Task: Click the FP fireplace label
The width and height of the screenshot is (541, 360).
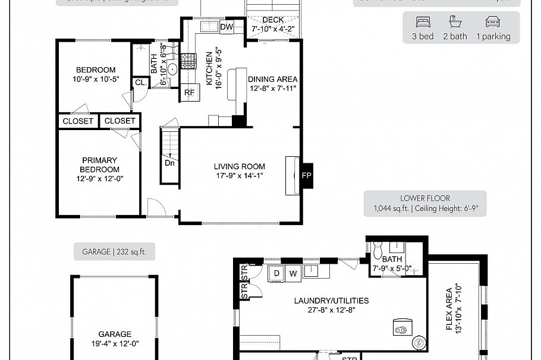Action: click(x=307, y=176)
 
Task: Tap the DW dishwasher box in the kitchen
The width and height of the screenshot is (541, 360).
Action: click(x=227, y=27)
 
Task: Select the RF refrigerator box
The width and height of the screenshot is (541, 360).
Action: click(x=190, y=93)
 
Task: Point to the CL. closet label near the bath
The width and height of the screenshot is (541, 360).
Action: click(x=141, y=83)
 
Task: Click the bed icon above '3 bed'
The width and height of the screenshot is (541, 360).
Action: click(x=423, y=23)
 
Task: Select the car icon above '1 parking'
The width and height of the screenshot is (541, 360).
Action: click(x=493, y=23)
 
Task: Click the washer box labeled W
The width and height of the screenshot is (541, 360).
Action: click(x=293, y=273)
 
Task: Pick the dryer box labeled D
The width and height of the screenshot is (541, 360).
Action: click(x=276, y=273)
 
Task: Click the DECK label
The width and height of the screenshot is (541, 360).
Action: click(x=273, y=20)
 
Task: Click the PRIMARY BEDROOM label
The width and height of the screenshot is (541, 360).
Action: click(x=99, y=165)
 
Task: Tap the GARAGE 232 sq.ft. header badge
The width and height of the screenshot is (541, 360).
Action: click(x=114, y=252)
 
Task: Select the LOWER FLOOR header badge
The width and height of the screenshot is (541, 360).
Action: click(x=424, y=204)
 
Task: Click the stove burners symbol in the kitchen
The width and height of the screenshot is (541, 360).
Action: click(x=188, y=60)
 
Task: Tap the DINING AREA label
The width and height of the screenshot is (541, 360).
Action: click(x=272, y=79)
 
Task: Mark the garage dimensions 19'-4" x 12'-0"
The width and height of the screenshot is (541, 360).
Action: click(x=115, y=343)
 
